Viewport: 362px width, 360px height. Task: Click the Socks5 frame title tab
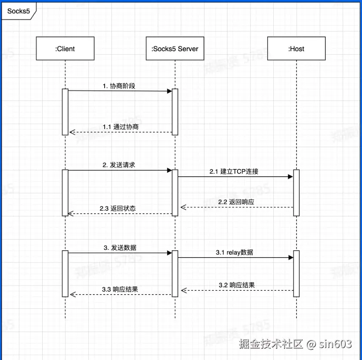(19, 11)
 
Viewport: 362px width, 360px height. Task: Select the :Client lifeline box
(65, 49)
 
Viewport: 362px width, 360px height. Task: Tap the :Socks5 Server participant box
(175, 49)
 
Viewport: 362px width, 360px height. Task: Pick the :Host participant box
(296, 49)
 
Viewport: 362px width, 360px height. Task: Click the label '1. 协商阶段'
(119, 86)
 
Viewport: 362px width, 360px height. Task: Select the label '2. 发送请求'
(119, 165)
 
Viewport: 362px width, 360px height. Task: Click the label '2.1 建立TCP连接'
(234, 171)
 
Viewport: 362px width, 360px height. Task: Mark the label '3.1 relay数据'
(235, 252)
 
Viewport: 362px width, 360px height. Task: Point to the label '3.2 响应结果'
(236, 285)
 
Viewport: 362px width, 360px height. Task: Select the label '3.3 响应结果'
(120, 289)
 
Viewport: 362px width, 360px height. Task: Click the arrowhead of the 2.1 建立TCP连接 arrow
(290, 176)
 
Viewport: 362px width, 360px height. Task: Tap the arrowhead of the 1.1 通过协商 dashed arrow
(72, 132)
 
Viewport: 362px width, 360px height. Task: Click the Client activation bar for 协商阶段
(65, 111)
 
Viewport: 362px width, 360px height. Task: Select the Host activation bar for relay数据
(296, 273)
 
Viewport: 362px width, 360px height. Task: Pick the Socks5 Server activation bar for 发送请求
(175, 192)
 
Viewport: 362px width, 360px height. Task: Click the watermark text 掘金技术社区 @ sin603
(295, 344)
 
